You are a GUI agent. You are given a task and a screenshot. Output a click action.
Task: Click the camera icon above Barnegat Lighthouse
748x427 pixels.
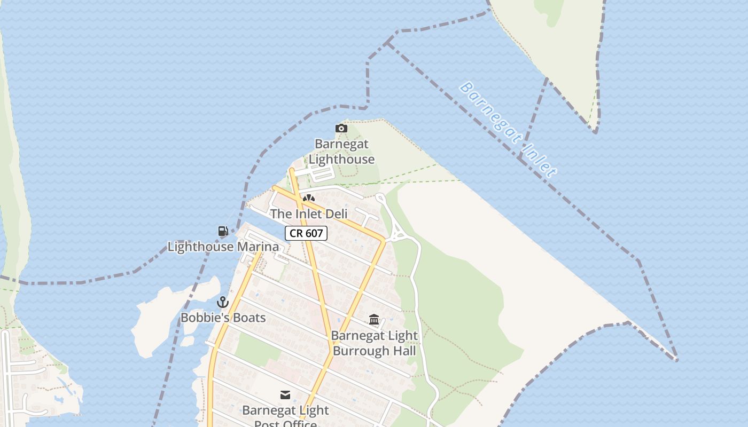[341, 128]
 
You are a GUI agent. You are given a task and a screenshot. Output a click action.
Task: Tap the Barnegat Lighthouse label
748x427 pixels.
[341, 152]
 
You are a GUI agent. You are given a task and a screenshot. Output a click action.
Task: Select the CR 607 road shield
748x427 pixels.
[306, 233]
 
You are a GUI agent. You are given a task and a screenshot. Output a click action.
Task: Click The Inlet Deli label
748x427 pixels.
[309, 214]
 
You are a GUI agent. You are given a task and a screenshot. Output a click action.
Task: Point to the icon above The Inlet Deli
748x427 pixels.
[308, 199]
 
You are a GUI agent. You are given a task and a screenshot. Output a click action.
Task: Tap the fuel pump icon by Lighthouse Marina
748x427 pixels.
[223, 231]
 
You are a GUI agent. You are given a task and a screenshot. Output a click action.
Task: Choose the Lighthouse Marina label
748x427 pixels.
[223, 247]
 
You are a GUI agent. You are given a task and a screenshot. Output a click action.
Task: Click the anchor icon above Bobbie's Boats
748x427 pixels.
[223, 303]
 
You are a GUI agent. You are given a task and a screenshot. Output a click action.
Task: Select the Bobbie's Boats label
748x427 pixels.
[223, 318]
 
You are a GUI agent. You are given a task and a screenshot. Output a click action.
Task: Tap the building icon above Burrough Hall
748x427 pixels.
[374, 320]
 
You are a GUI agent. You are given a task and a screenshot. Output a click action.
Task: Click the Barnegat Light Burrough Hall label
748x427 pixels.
[374, 343]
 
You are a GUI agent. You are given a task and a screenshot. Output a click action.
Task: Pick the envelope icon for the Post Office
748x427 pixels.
[285, 395]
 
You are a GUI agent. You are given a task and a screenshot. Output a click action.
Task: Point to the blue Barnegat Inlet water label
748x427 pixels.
[508, 129]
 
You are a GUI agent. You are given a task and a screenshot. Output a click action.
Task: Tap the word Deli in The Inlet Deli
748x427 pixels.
[335, 214]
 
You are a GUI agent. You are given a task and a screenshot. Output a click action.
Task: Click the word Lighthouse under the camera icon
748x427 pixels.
[341, 159]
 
